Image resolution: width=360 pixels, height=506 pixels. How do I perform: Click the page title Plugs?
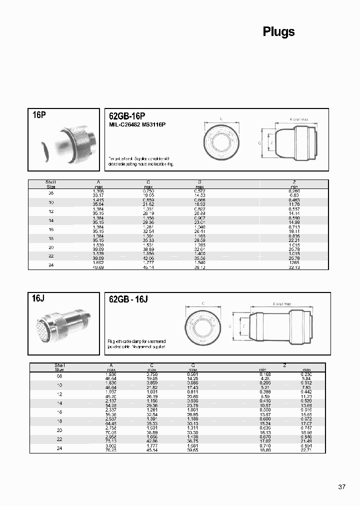pos(278,32)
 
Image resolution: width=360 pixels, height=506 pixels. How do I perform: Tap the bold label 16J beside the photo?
pos(38,298)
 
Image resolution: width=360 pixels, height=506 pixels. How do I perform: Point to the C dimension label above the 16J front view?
pos(203,303)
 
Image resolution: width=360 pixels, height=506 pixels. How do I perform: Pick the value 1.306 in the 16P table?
pos(98,191)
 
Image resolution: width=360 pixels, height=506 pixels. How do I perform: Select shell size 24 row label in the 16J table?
pos(60,447)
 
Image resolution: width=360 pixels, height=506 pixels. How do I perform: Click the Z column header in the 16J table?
pos(285,365)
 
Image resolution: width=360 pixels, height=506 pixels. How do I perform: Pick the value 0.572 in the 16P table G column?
pos(200,191)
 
